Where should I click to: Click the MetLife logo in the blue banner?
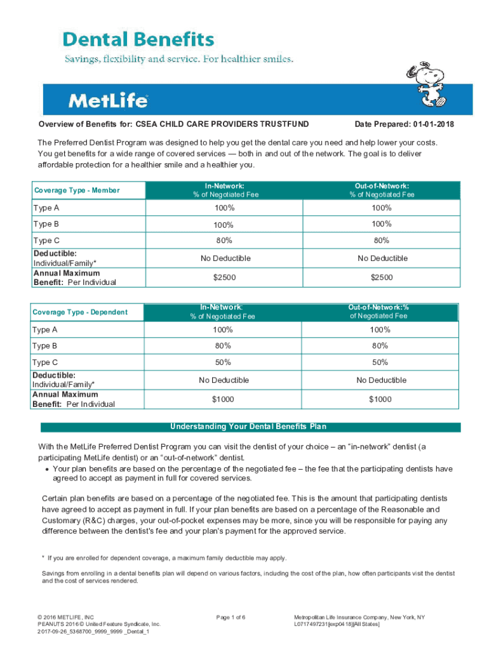(x=108, y=100)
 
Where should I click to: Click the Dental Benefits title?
(x=138, y=41)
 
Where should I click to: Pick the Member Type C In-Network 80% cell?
(x=224, y=241)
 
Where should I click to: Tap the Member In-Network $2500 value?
(x=224, y=277)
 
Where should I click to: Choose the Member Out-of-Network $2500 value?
(x=381, y=277)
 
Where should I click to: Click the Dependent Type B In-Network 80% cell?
(x=224, y=346)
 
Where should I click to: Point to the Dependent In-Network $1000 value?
(x=224, y=399)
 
